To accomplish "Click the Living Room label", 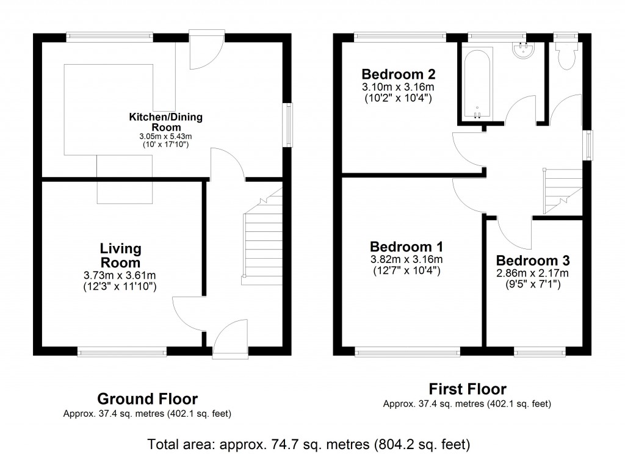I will (x=121, y=256).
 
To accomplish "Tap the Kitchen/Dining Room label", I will (x=165, y=121).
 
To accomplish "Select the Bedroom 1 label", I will (x=406, y=247).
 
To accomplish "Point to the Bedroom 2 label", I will (x=398, y=75).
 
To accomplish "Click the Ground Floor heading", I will (x=148, y=399).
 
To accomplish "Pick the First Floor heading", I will (x=467, y=389).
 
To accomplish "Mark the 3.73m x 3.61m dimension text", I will (x=121, y=275).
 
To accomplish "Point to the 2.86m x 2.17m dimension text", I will (x=532, y=273).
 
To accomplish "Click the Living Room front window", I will (x=121, y=350).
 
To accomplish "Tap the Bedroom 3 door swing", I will (x=511, y=230).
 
